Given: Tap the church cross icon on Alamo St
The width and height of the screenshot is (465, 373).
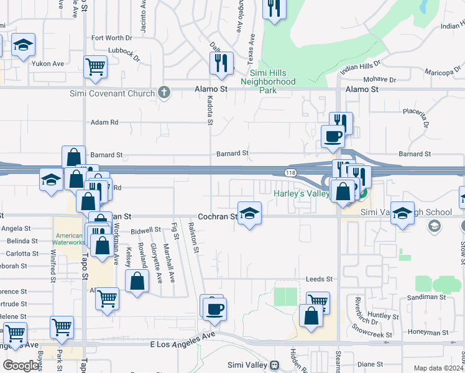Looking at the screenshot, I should coord(164,93).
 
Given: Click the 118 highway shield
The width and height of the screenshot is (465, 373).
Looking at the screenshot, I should coord(290,172).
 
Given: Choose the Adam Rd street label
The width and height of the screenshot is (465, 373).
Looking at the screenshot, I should coord(104,122).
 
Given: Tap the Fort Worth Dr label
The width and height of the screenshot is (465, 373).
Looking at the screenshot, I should coord(112,38).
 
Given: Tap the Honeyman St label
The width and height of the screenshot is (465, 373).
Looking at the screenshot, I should coord(431,332).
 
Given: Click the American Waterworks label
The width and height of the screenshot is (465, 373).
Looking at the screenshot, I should coord(70,239).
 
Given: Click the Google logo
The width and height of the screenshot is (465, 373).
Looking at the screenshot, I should coord(21,366).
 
